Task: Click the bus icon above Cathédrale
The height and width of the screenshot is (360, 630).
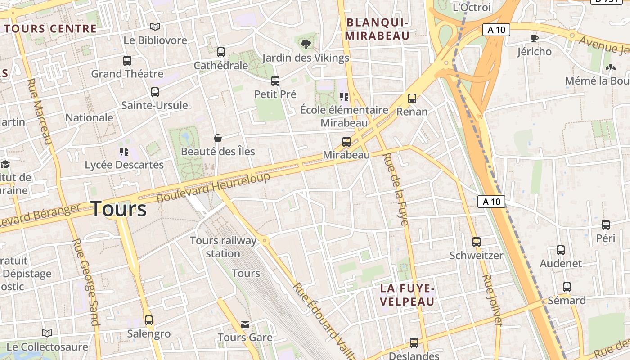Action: tap(220, 52)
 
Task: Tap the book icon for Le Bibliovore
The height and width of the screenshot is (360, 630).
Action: tap(155, 27)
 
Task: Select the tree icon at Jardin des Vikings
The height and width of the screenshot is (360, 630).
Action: tap(306, 44)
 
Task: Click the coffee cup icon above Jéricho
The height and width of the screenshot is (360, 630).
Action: tap(535, 38)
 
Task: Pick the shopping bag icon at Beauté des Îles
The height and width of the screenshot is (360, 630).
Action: tap(218, 138)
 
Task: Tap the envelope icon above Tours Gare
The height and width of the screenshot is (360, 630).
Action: tap(245, 324)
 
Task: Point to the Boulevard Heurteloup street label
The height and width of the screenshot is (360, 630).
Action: tap(213, 187)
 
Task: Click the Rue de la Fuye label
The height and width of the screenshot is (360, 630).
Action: tap(395, 189)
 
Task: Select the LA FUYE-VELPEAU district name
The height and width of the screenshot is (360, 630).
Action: tap(408, 295)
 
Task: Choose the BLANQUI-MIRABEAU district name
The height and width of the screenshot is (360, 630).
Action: tap(378, 29)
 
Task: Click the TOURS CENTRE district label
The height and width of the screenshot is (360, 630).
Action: tap(50, 29)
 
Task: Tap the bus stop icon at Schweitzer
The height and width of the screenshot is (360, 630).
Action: tap(477, 242)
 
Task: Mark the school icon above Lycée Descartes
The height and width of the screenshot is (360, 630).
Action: tap(124, 151)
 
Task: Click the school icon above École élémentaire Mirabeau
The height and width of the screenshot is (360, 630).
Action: tap(345, 96)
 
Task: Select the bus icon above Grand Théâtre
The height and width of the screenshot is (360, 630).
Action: tap(127, 60)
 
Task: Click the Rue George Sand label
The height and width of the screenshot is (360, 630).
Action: tap(85, 282)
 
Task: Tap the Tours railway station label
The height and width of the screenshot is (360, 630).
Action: tap(223, 247)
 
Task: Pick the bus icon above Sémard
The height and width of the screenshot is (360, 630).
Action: tap(567, 287)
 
